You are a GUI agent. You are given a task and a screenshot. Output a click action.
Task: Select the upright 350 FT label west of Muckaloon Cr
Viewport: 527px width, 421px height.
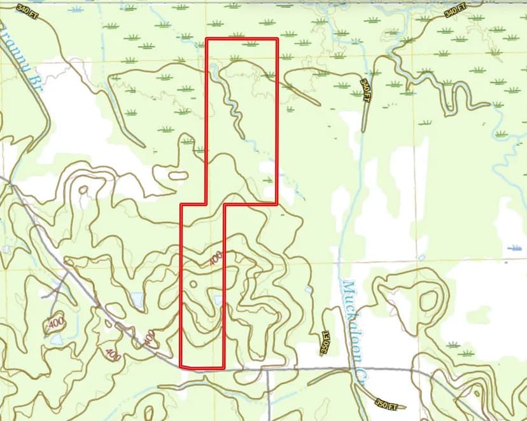(x=325, y=343)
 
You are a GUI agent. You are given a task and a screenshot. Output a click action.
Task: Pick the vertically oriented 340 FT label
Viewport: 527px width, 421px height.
(x=365, y=91)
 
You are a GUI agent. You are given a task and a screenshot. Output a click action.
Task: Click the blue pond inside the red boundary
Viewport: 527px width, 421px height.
(x=218, y=300)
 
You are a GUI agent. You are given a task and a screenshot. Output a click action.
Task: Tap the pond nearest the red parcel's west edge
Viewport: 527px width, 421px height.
(x=136, y=298)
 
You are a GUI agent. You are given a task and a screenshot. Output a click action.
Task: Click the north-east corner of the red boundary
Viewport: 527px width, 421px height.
(x=278, y=39)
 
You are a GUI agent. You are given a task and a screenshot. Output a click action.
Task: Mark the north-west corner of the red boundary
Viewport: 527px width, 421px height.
(x=207, y=39)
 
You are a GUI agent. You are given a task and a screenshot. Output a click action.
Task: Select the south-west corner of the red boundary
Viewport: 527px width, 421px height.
(x=181, y=367)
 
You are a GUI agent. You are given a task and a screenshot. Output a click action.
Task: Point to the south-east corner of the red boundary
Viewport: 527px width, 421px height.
(x=224, y=367)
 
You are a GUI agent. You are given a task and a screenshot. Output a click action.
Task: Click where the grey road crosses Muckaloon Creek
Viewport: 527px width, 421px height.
(x=355, y=368)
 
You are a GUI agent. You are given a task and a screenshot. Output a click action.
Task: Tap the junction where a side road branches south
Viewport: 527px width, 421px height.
(x=267, y=369)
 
